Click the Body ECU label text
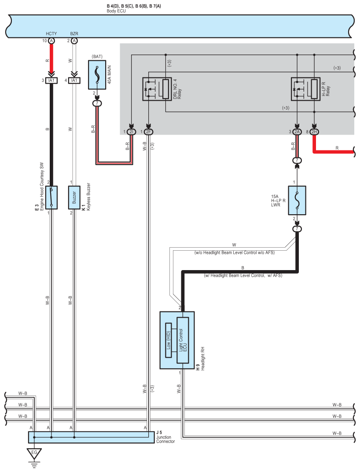116,11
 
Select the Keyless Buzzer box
74,197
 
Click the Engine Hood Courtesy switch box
51,197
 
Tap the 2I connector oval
131,132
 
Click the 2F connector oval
148,132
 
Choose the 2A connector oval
297,132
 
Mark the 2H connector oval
314,132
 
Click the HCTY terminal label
51,33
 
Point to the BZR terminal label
73,33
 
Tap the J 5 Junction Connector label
165,437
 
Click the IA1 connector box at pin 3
51,80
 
